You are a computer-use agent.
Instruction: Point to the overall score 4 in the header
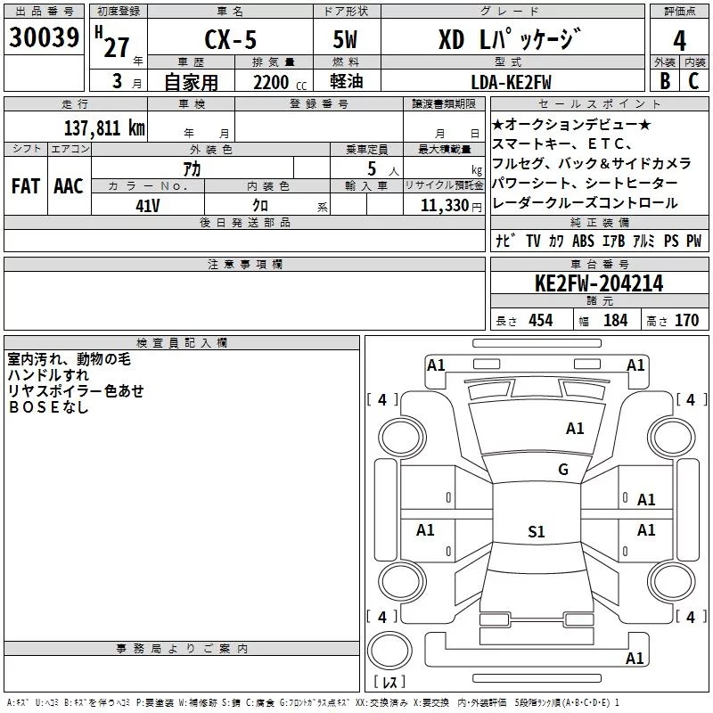680,39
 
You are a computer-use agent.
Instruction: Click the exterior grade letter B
665,81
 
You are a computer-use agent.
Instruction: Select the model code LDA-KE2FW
511,82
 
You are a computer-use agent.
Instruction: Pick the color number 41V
147,204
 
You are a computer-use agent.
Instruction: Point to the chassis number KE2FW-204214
599,283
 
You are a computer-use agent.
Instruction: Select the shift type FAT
26,186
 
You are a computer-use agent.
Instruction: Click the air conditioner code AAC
69,186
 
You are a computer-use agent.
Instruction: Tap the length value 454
540,320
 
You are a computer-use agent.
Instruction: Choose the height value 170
686,320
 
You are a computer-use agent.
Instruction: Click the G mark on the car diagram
563,470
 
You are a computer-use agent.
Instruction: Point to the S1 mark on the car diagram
536,532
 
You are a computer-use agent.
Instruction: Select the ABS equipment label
583,241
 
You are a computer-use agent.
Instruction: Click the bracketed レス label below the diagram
389,684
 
